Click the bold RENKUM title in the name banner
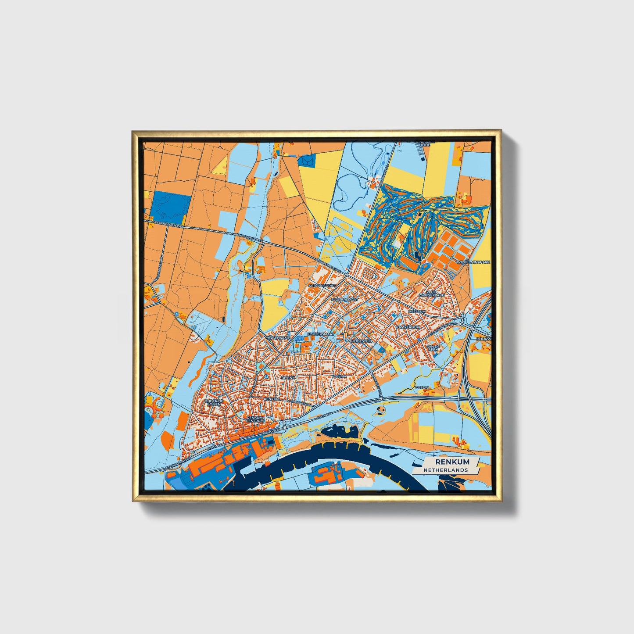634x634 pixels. click(x=452, y=462)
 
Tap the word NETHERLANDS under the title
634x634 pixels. click(x=445, y=470)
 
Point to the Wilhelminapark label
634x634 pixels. click(x=474, y=261)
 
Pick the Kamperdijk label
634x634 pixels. click(x=408, y=327)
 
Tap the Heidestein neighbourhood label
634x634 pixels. click(x=361, y=340)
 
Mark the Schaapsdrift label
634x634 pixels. click(x=322, y=285)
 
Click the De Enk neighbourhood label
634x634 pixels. click(x=289, y=377)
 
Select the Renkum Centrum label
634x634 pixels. click(x=256, y=419)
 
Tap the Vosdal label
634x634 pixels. click(x=424, y=387)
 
